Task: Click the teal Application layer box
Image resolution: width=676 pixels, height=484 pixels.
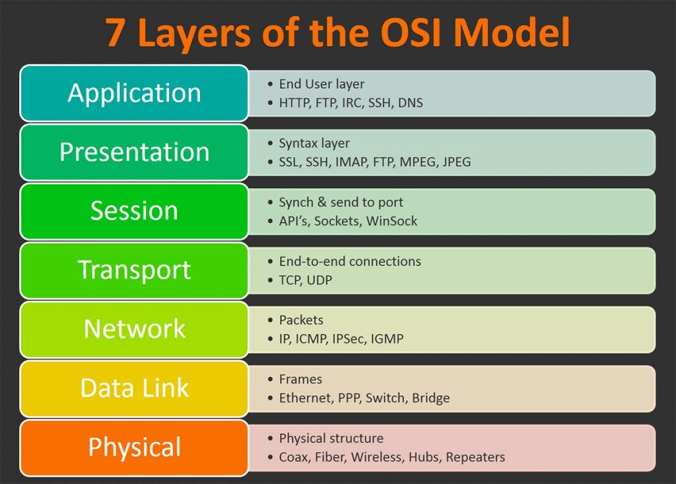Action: pos(134,93)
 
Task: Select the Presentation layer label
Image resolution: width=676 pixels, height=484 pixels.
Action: pos(134,152)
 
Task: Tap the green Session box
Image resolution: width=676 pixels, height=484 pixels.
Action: pos(134,211)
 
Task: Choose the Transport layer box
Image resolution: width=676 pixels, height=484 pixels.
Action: pos(134,270)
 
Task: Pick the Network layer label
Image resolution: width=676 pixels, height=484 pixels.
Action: pos(134,329)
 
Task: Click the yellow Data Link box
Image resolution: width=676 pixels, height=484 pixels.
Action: pos(134,388)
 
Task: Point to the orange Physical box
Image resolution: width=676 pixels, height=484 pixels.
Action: pos(134,447)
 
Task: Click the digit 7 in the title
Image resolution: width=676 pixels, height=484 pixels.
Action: pos(115,33)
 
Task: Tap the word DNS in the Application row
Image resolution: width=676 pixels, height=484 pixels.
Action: pos(410,104)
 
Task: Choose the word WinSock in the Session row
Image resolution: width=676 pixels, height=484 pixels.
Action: pos(391,222)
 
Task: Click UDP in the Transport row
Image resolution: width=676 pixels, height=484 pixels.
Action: pos(320,280)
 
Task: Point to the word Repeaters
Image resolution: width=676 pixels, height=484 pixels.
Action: pos(475,458)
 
